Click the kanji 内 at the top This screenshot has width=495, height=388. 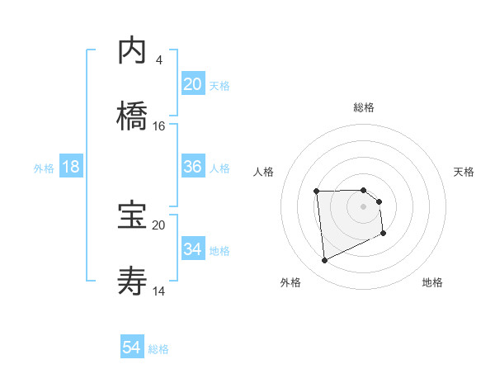(132, 51)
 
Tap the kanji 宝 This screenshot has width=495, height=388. (132, 215)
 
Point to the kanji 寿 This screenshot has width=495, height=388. (132, 282)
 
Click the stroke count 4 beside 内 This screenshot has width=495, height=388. (158, 60)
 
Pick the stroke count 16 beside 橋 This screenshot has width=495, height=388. (159, 126)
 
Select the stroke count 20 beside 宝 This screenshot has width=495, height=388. (159, 225)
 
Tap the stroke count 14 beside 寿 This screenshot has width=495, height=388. (159, 291)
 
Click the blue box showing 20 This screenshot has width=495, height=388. (192, 84)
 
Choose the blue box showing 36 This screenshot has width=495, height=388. (192, 167)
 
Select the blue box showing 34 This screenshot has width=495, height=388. (192, 249)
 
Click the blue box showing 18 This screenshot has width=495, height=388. (71, 167)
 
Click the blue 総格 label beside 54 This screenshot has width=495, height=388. (158, 349)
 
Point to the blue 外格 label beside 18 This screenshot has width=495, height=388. (44, 168)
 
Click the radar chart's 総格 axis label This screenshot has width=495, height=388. (364, 107)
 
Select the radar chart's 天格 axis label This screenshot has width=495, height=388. (464, 172)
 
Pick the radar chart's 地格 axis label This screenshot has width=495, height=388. (432, 283)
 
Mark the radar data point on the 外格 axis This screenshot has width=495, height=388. (324, 261)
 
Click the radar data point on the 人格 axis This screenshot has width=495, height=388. (316, 192)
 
